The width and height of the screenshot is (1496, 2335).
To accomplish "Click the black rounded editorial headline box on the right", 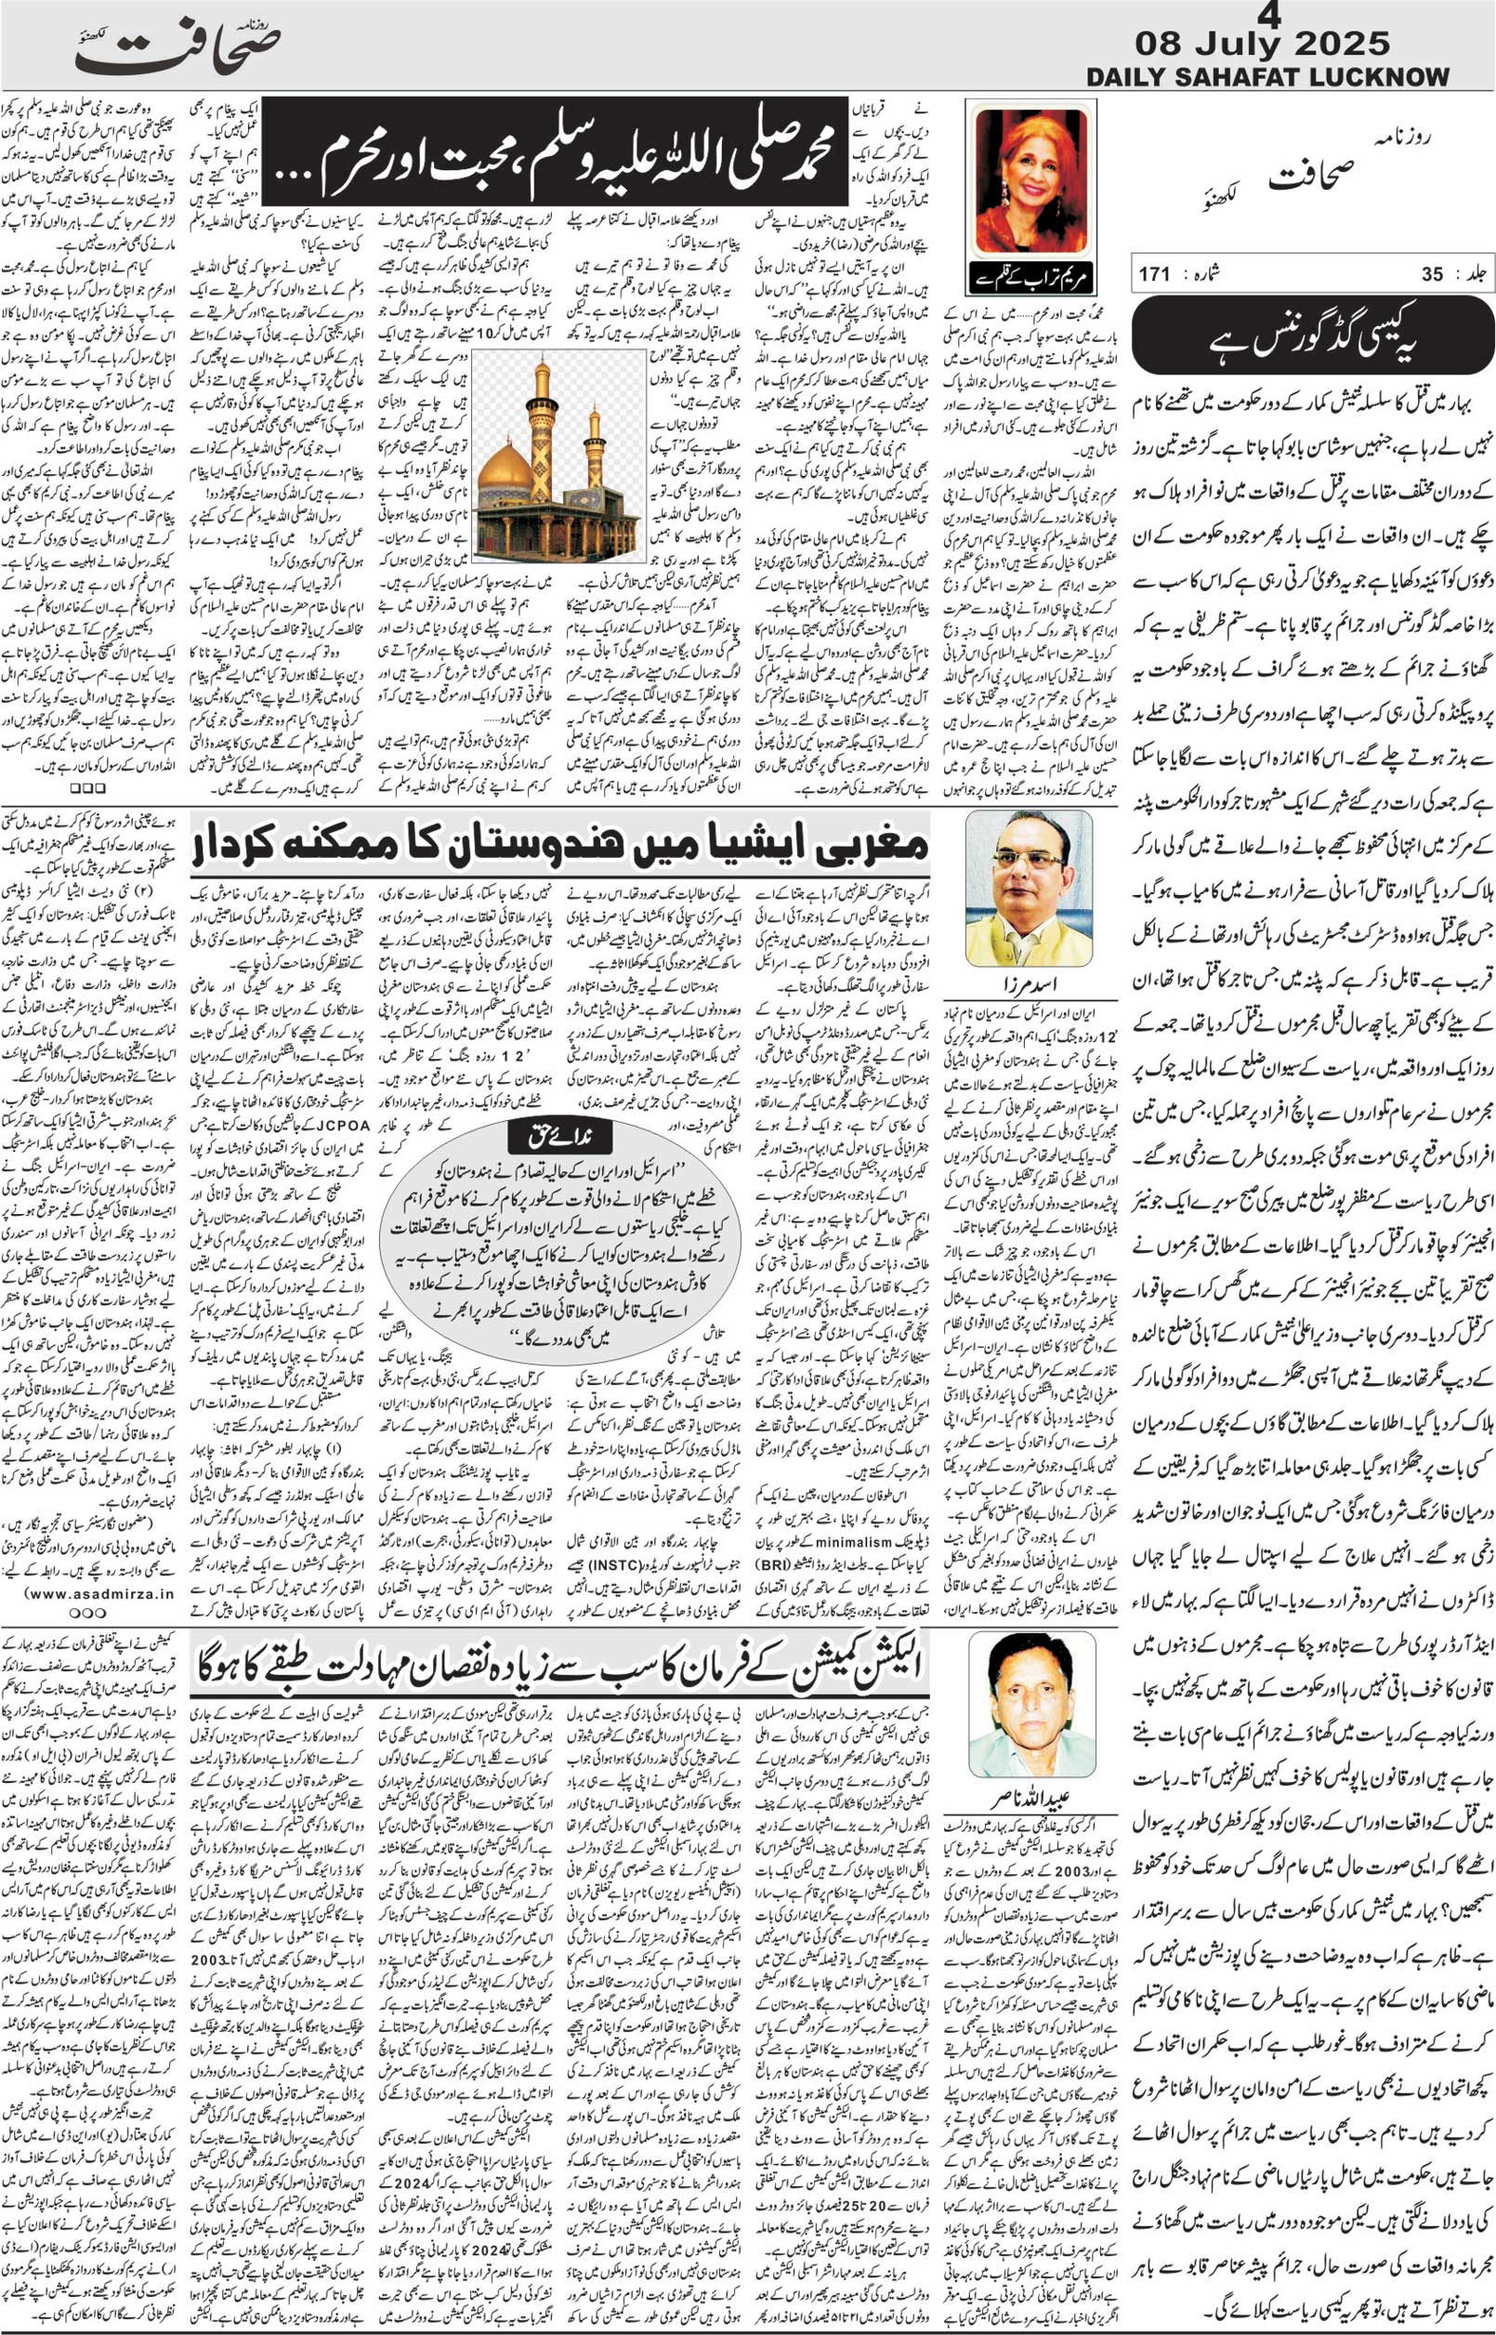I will pyautogui.click(x=1311, y=336).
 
